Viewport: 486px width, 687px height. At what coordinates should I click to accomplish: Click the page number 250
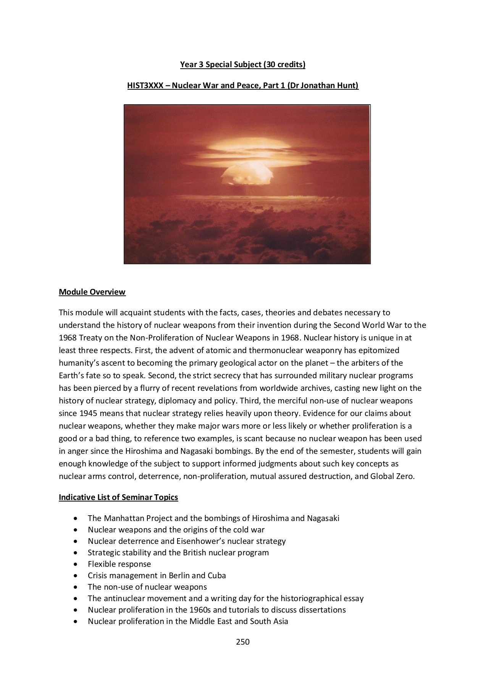[x=242, y=642]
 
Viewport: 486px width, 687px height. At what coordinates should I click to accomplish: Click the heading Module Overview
[x=92, y=292]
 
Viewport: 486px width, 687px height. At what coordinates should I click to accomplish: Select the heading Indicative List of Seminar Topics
[x=118, y=497]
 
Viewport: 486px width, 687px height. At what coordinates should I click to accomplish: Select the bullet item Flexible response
[x=119, y=564]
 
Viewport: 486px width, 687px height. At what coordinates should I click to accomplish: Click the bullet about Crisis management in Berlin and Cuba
[x=157, y=575]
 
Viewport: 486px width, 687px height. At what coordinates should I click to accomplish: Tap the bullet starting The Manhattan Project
[x=213, y=518]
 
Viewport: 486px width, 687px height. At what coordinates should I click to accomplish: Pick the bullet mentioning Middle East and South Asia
[x=188, y=621]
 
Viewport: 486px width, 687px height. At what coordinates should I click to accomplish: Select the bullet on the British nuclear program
[x=178, y=552]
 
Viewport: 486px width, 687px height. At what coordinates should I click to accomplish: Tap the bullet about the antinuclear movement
[x=225, y=598]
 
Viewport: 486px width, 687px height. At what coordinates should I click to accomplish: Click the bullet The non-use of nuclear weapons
[x=147, y=587]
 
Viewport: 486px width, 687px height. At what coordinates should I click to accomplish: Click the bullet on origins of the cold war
[x=176, y=529]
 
